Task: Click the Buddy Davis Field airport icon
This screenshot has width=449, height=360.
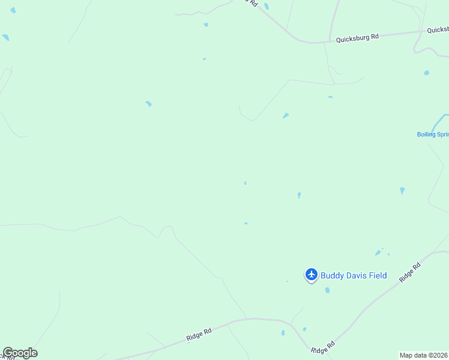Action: (x=311, y=275)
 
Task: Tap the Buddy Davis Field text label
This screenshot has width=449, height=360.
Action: (x=354, y=276)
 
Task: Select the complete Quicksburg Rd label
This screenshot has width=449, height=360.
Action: (x=357, y=38)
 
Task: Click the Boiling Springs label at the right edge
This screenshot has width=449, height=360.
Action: (x=433, y=134)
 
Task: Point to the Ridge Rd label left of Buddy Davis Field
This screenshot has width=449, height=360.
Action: (x=199, y=335)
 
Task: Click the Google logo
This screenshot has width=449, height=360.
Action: (x=20, y=353)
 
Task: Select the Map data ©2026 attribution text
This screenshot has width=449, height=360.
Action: (x=424, y=355)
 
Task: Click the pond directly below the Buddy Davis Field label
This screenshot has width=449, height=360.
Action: (x=327, y=290)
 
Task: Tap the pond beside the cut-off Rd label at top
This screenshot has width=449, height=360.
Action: (x=266, y=7)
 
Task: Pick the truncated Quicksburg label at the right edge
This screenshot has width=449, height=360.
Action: (x=438, y=29)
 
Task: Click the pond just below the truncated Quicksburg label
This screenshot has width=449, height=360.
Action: (x=426, y=73)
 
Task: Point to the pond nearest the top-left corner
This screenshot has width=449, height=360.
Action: (x=13, y=10)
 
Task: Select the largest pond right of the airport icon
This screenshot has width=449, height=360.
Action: (x=378, y=253)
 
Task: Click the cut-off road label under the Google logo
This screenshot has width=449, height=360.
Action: (x=8, y=358)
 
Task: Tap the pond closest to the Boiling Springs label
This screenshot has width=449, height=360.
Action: (x=402, y=191)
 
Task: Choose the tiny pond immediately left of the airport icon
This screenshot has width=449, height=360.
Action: (x=287, y=281)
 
